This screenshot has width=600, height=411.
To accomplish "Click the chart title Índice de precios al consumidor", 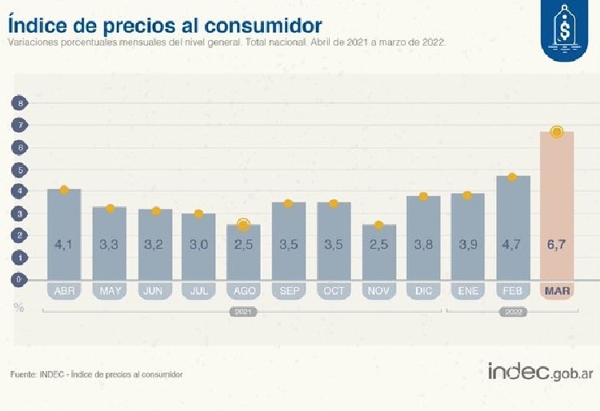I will pos(165,22).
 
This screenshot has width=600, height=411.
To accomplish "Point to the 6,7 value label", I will pos(558,245).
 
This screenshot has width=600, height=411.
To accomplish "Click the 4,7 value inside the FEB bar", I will pos(513,245).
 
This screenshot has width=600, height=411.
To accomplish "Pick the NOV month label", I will pos(378,291).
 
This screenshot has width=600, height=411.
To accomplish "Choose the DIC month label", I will pos(423,291).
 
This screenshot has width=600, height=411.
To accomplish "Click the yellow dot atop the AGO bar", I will pos(244,225).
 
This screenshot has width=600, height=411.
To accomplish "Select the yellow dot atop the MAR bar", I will pos(558,132).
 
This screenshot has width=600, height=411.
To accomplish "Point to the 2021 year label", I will pos(243,310).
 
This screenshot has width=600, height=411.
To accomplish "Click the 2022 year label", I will pos(513,310).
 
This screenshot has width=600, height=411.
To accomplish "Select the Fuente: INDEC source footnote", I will pos(97,374).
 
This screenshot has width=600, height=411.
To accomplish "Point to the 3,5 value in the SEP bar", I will pos(289,245).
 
